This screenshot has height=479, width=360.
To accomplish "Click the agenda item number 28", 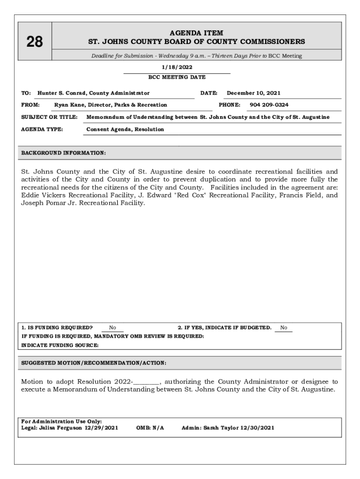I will coord(35,43).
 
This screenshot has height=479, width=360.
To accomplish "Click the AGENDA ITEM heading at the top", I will coord(196,33).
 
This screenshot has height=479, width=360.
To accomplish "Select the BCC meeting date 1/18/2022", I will coord(177,67).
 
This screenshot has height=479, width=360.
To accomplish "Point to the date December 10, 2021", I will coord(254,93).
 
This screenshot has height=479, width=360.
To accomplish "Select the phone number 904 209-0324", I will coord(269,105).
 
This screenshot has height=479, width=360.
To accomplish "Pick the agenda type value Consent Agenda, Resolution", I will coord(125,129).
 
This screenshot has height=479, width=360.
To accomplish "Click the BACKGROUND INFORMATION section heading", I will coord(64,153).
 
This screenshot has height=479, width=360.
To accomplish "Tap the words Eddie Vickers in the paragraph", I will coord(41,195).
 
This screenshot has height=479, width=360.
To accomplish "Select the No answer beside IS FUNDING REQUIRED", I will coord(113,328).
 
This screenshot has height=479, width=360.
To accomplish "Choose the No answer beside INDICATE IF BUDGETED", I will coord(284,328).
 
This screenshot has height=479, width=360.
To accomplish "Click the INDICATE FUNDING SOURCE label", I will coord(60,345).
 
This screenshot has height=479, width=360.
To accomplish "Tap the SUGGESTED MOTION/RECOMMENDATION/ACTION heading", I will coord(94,363).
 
